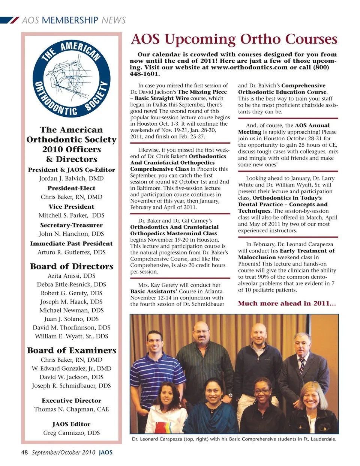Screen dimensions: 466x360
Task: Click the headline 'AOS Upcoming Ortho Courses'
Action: [x=234, y=39]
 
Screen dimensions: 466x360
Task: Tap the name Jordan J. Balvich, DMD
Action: [x=71, y=179]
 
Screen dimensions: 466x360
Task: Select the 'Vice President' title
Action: [x=71, y=207]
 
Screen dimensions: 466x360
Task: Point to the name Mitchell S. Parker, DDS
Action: [x=71, y=215]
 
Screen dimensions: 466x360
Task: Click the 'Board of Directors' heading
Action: [x=71, y=266]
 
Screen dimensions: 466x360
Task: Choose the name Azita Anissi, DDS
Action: [x=71, y=276]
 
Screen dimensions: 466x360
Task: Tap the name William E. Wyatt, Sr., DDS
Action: [x=71, y=336]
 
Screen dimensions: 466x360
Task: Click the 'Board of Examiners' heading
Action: [x=71, y=350]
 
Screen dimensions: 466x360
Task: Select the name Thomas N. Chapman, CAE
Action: [x=71, y=409]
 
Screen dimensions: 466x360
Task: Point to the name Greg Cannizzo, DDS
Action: [x=71, y=433]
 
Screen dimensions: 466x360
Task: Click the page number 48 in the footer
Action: [x=24, y=452]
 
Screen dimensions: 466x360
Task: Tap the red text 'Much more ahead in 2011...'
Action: [x=287, y=304]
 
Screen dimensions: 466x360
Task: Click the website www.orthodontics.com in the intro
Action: [x=249, y=68]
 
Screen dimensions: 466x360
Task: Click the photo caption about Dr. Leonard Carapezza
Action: [x=234, y=439]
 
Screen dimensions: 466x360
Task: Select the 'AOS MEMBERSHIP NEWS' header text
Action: [x=74, y=20]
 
